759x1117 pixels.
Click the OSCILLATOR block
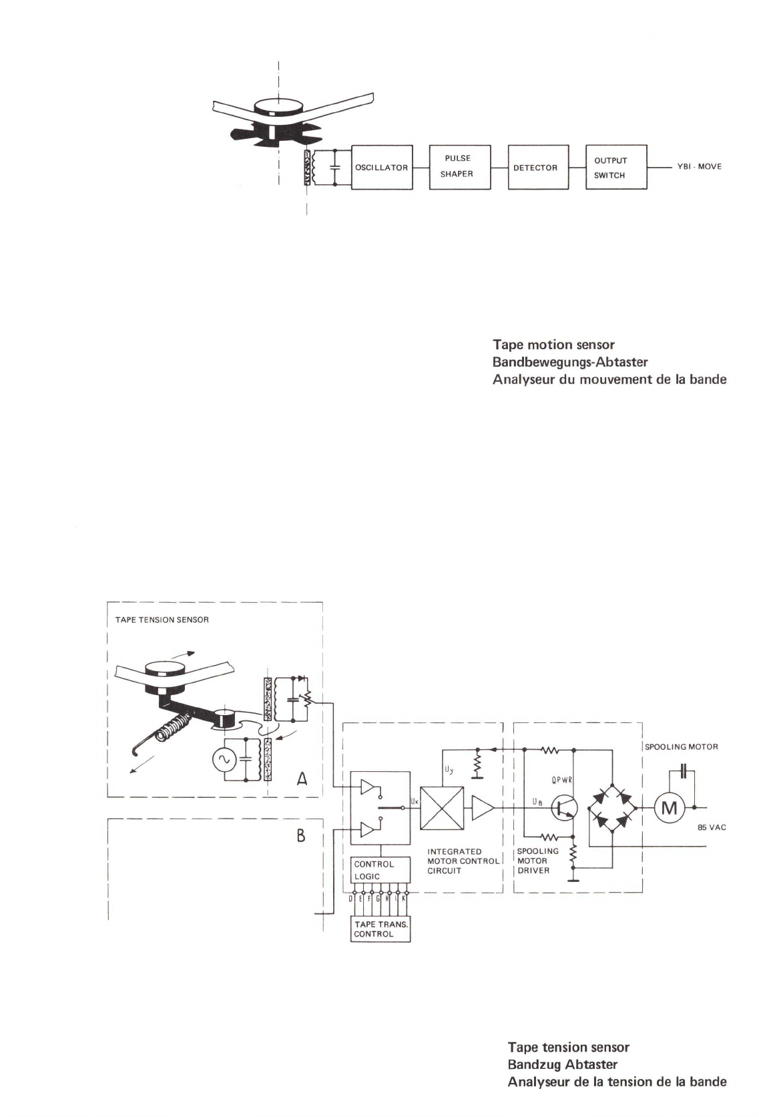click(381, 168)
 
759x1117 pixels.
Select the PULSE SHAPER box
click(459, 167)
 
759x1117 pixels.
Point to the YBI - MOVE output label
click(699, 167)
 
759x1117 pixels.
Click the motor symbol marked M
click(669, 809)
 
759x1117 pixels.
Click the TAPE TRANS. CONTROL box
click(381, 929)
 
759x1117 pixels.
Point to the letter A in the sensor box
click(302, 778)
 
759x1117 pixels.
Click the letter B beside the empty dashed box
click(301, 835)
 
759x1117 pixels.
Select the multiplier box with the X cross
click(441, 809)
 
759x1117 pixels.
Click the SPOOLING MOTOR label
click(681, 747)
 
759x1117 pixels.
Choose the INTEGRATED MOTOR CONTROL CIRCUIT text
click(463, 861)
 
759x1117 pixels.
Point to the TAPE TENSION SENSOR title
click(158, 620)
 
